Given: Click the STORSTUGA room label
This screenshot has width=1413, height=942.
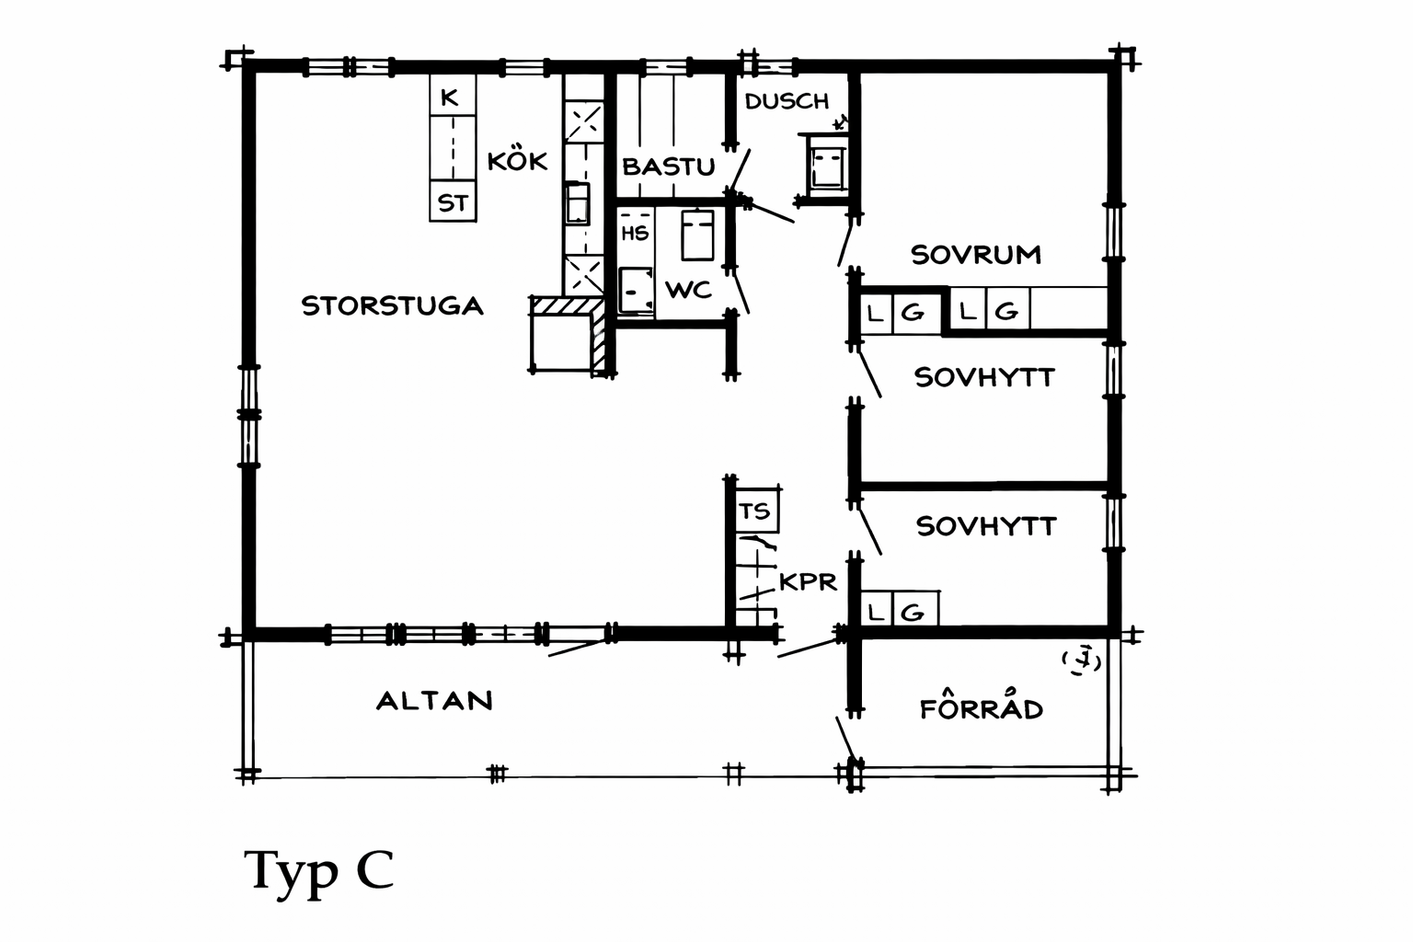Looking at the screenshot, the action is coord(393,306).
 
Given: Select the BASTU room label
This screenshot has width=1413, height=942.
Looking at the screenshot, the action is coord(669,167).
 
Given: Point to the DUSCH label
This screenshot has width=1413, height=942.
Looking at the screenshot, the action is coord(787,101).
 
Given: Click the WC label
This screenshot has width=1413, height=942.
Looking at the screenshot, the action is coord(688,290).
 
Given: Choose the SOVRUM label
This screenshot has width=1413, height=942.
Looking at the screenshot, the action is coord(976,255).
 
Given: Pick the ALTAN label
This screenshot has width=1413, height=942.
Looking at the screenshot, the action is coord(434,701).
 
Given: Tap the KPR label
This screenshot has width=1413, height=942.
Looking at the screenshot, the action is coord(808,581).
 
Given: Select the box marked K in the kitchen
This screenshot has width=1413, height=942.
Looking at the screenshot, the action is coord(453,96).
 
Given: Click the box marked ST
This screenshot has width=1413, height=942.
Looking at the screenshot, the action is coord(453,201).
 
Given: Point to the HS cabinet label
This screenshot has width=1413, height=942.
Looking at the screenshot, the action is coord(635,234).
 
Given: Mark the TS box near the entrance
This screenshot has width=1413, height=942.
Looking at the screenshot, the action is coord(757,510).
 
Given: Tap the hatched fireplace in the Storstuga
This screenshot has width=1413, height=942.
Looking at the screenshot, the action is coord(568,335).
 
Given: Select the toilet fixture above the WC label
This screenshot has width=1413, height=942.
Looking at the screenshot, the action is coord(697,235).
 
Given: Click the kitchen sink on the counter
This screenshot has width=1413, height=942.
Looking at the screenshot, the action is coord(577,202).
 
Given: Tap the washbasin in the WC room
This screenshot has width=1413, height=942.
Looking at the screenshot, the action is coord(636,290).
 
